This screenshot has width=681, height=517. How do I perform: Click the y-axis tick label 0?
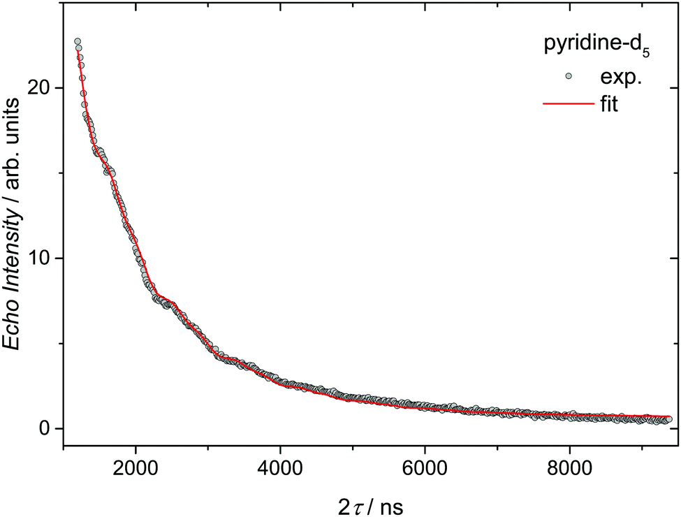coord(47,428)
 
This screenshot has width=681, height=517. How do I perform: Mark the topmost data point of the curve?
coord(78,42)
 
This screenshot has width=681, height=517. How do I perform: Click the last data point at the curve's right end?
coord(668,419)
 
